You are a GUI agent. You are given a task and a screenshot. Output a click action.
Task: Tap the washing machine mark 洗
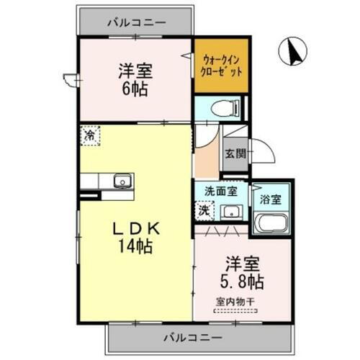click(x=204, y=211)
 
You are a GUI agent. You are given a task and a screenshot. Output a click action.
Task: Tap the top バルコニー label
click(x=137, y=22)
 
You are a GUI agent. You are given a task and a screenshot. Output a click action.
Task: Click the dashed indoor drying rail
click(x=236, y=312)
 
